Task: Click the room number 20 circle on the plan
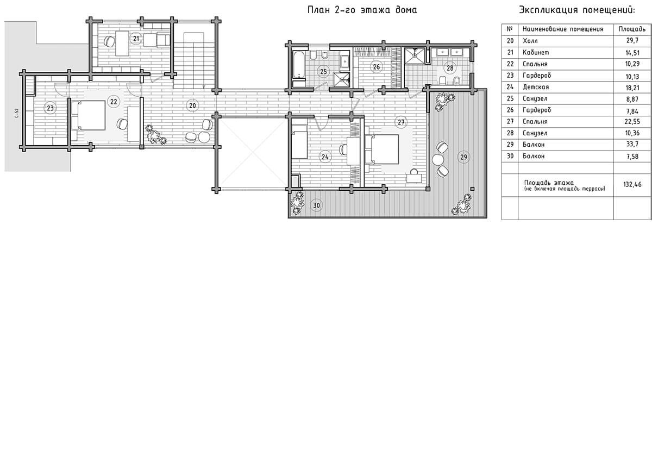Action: coord(192,105)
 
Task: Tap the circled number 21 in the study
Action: coord(136,39)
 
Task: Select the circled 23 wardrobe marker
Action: coord(50,108)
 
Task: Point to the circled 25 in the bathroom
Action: coord(323,71)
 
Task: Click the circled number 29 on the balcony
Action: coord(463,157)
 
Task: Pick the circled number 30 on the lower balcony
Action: coord(316,205)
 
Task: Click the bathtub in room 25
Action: coord(298,65)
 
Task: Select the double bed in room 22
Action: coord(89,115)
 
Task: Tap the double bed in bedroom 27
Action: coord(382,149)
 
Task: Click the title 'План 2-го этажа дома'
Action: coord(362,10)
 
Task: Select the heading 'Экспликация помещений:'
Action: coord(576,10)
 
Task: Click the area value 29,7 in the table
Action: coord(632,40)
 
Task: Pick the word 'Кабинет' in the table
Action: coord(536,52)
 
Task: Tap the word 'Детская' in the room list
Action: coord(536,87)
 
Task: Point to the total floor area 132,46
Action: coord(632,185)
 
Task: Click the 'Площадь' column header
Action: coord(632,29)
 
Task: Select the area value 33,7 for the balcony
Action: coord(632,145)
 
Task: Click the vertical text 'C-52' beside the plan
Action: coord(17,113)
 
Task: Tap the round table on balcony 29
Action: coord(438,160)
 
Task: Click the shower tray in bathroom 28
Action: coord(415,55)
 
